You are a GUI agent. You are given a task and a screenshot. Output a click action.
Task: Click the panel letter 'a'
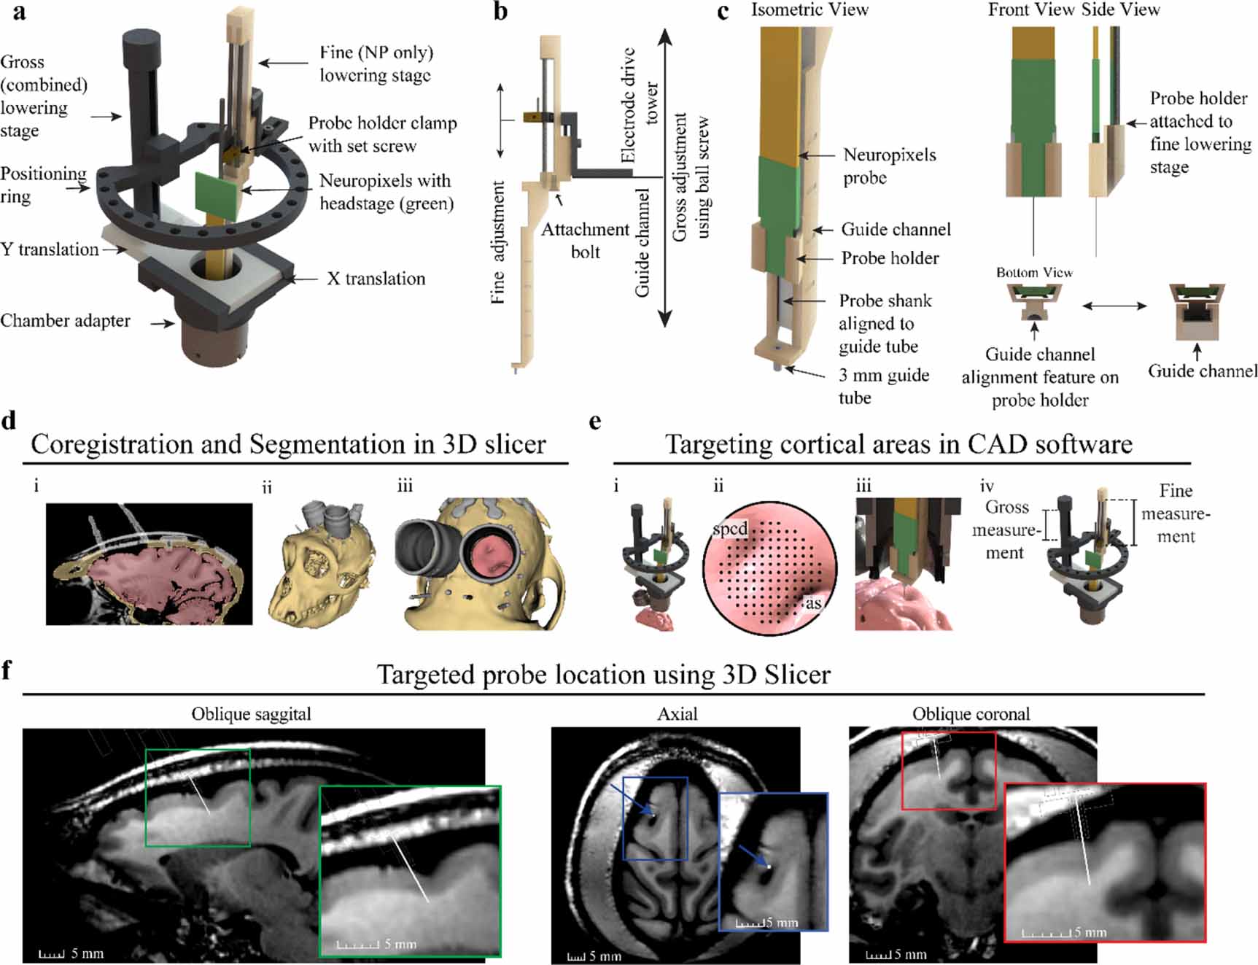pos(19,14)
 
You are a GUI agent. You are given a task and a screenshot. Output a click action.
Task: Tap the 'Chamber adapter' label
pos(65,321)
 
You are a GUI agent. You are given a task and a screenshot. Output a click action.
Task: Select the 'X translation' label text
pos(376,279)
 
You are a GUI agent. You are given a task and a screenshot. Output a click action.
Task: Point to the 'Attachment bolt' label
pos(585,241)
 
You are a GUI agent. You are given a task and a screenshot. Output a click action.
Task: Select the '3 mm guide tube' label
pos(883,386)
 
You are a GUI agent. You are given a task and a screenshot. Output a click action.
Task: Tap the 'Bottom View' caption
pos(1034,273)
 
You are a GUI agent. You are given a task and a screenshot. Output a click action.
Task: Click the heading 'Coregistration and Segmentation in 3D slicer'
pos(288,444)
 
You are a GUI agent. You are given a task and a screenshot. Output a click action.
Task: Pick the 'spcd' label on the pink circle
pos(730,529)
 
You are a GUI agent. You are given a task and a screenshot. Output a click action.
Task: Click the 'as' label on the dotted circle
pos(813,602)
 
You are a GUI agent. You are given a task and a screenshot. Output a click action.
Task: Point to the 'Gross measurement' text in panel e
pos(1006,530)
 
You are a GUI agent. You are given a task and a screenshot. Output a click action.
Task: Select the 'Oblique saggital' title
pos(251,714)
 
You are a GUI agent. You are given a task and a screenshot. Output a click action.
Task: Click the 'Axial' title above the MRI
pos(677,714)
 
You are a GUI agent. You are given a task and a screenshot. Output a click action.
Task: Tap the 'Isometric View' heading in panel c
pos(809,10)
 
